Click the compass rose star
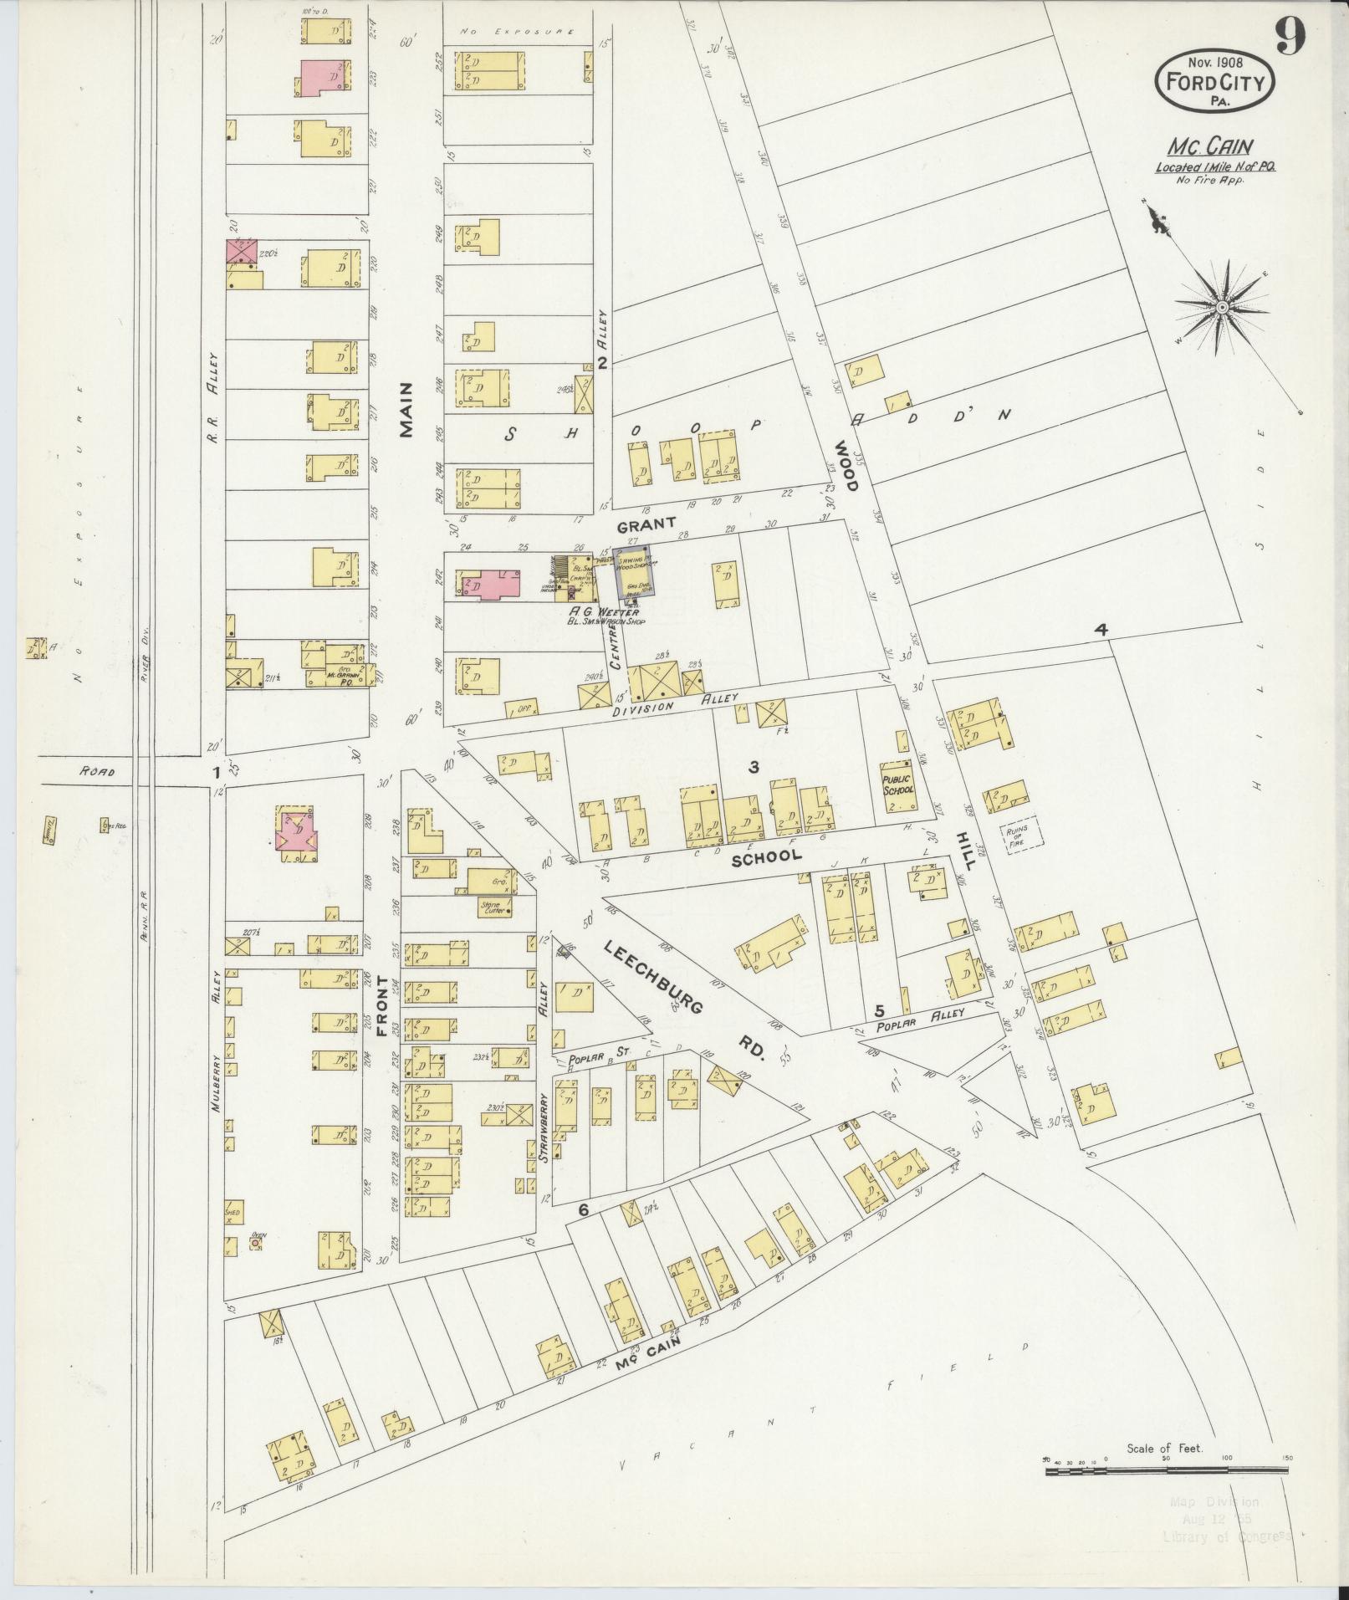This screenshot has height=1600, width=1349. pyautogui.click(x=1222, y=308)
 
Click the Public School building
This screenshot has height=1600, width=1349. pyautogui.click(x=897, y=790)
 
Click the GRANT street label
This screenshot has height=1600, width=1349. pyautogui.click(x=646, y=524)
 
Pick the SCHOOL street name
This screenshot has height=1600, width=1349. pyautogui.click(x=766, y=856)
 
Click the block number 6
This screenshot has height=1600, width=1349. pyautogui.click(x=583, y=1209)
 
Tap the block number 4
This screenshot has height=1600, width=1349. pyautogui.click(x=1102, y=630)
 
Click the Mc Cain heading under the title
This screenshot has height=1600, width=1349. pyautogui.click(x=1198, y=146)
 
